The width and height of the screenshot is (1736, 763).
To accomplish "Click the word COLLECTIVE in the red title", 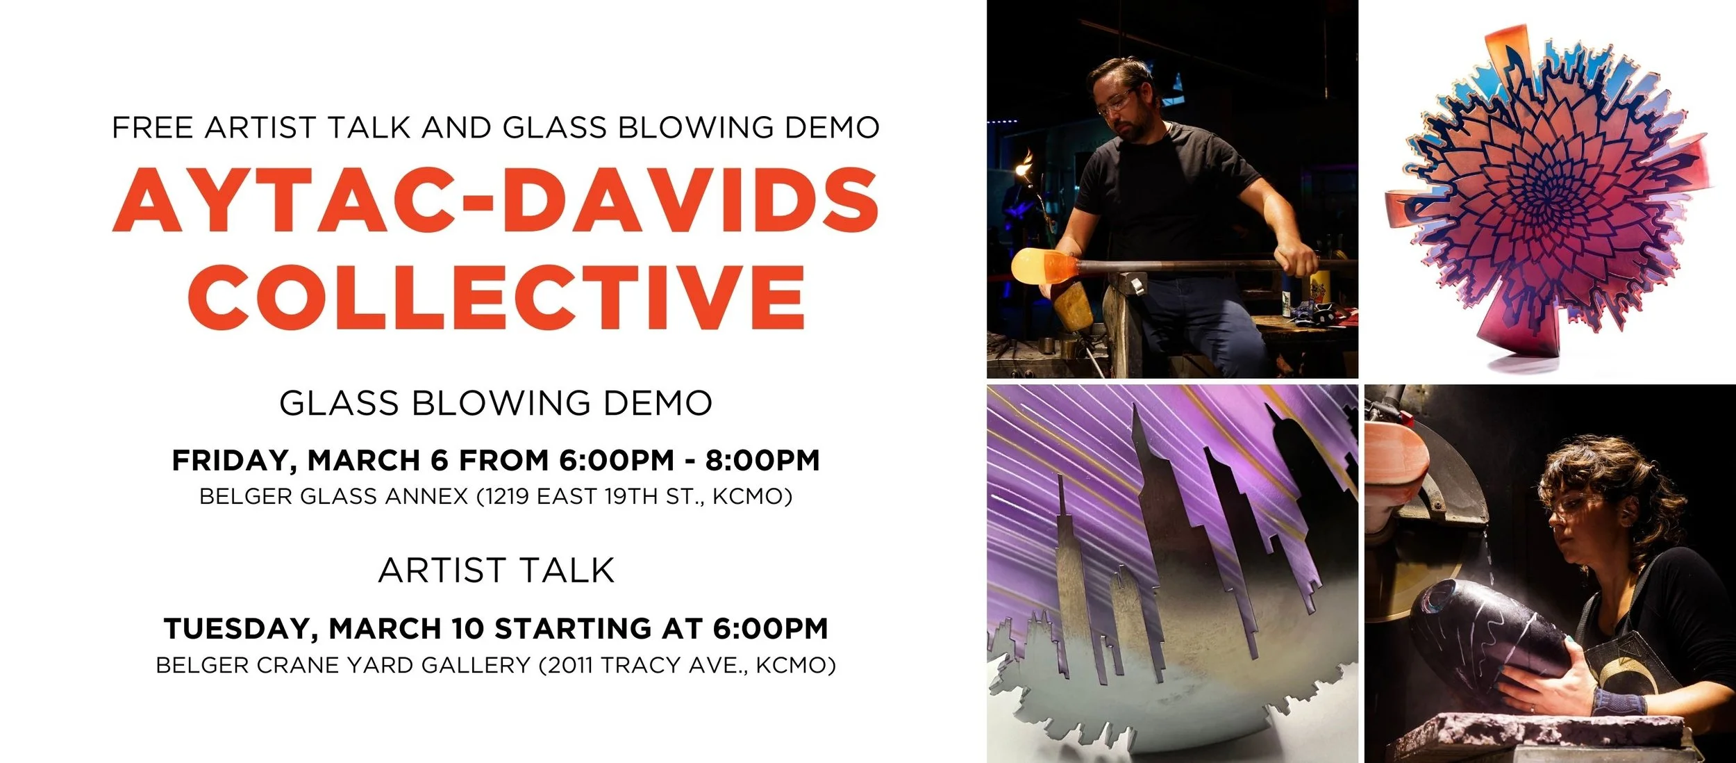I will tap(496, 297).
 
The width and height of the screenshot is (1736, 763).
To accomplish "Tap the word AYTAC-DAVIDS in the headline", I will tap(496, 200).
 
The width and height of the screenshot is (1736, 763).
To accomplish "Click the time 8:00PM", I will tap(762, 461).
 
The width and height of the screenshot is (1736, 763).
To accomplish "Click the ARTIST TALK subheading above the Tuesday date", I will tap(496, 571).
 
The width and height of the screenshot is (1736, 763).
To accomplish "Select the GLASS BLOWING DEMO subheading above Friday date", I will tap(496, 403).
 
